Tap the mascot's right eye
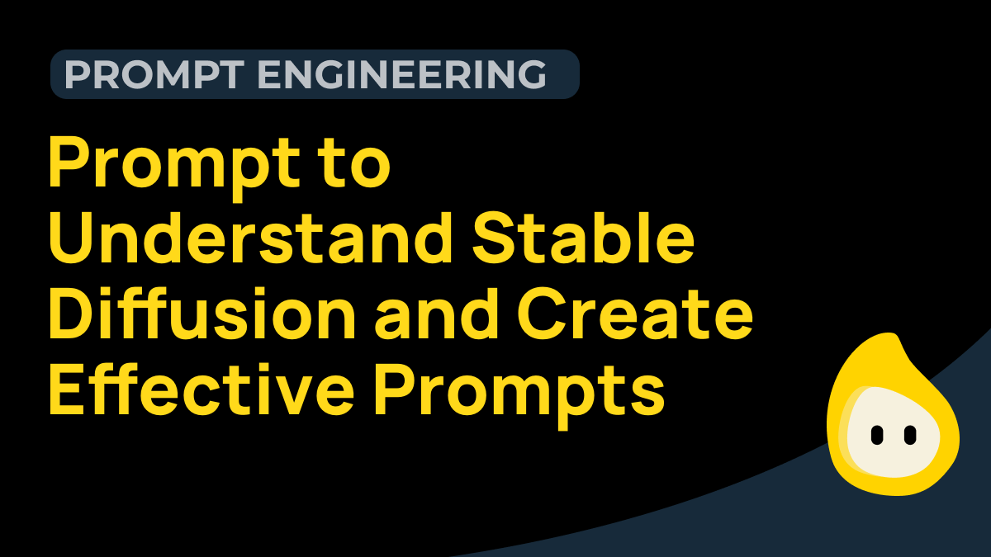click(910, 433)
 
